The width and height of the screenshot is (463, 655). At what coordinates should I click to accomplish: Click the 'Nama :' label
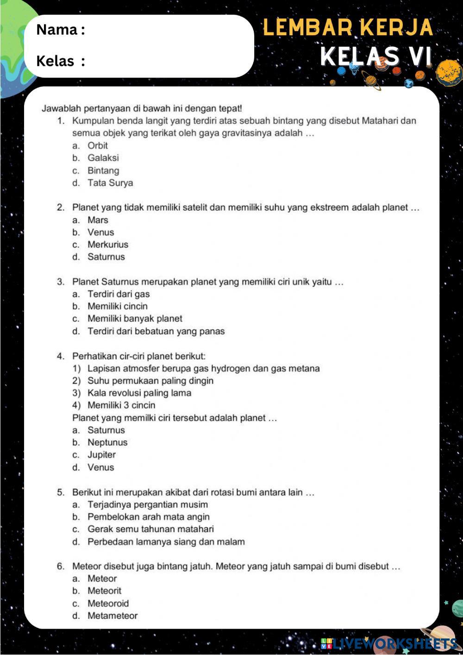tap(60, 30)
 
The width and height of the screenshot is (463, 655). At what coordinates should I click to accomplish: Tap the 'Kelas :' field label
tap(60, 61)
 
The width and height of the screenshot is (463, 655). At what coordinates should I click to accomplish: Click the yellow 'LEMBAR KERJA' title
tap(348, 28)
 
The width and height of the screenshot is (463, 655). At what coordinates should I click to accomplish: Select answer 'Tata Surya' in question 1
tap(110, 183)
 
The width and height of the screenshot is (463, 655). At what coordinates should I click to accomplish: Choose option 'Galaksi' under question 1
tap(103, 158)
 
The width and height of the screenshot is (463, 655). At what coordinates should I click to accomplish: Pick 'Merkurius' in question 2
tap(108, 245)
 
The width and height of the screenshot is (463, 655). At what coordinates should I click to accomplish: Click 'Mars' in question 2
tap(98, 220)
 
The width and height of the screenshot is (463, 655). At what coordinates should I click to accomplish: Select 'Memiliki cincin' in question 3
tap(118, 306)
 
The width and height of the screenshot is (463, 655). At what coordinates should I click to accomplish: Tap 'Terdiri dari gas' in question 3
tap(119, 294)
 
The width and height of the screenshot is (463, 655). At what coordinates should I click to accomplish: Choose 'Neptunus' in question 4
tap(107, 442)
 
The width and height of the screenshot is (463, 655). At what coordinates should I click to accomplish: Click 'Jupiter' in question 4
tap(101, 455)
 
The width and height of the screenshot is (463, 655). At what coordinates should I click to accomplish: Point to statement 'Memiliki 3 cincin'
tap(121, 405)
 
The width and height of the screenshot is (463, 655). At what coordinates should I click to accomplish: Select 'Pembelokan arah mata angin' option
tap(149, 517)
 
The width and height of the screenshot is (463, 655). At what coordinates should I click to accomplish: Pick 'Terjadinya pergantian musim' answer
tap(148, 504)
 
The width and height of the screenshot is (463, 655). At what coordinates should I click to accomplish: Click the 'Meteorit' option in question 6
tap(105, 591)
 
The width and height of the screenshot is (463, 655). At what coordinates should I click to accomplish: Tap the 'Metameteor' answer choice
tap(113, 616)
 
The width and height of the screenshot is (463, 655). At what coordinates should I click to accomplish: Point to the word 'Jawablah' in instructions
tap(58, 109)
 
